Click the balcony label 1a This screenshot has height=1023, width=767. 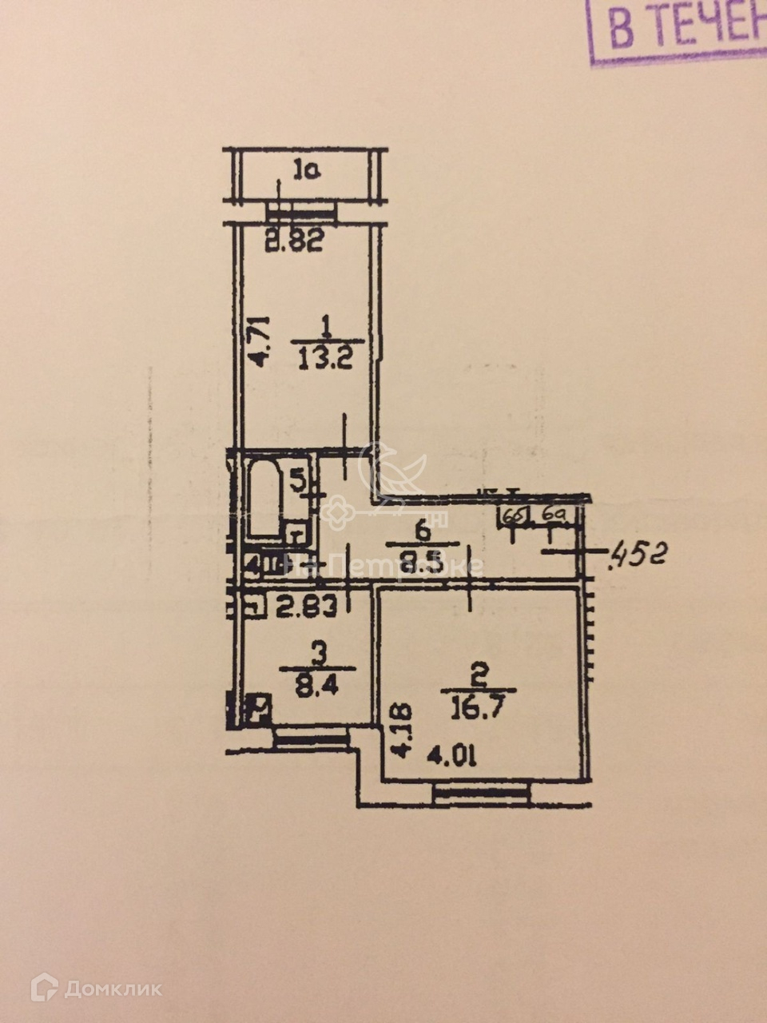306,170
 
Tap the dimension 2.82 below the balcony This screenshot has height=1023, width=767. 294,241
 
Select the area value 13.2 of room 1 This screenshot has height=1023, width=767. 326,352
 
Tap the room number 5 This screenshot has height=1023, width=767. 296,481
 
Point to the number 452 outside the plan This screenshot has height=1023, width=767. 638,552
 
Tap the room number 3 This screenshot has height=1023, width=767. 319,656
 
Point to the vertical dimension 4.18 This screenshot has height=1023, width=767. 401,730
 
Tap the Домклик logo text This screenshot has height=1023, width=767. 113,989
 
